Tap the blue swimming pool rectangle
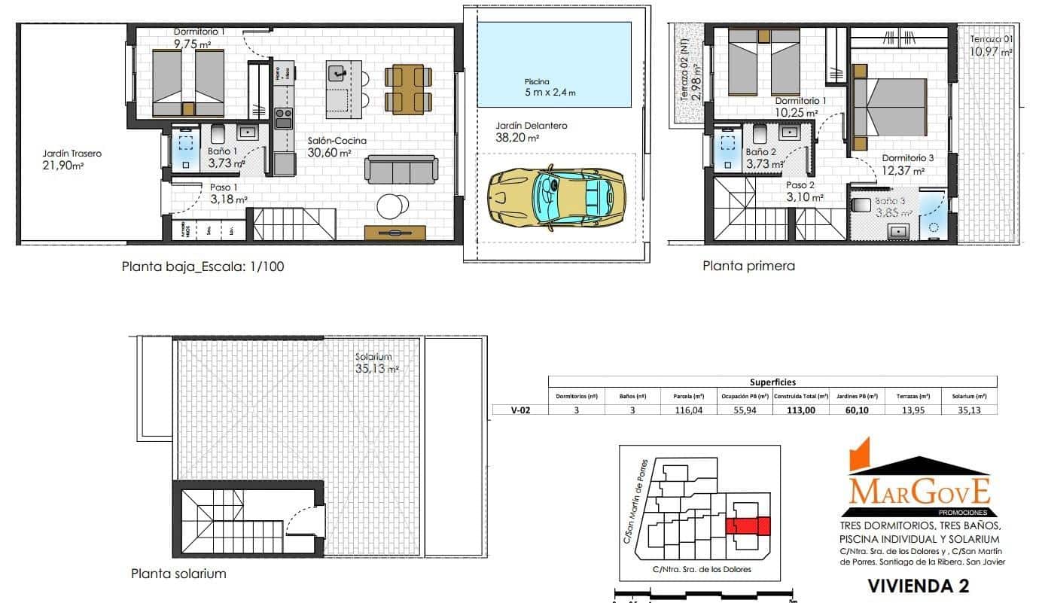pyautogui.click(x=554, y=65)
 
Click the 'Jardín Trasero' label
pyautogui.click(x=72, y=154)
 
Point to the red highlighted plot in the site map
pyautogui.click(x=748, y=525)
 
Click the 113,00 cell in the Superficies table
pyautogui.click(x=800, y=410)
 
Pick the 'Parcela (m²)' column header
pyautogui.click(x=688, y=395)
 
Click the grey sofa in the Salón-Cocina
pyautogui.click(x=402, y=170)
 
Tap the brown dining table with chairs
pyautogui.click(x=408, y=89)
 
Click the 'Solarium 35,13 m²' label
pyautogui.click(x=376, y=363)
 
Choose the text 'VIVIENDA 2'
pyautogui.click(x=918, y=585)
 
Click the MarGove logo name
pyautogui.click(x=919, y=490)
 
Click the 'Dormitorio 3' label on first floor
pyautogui.click(x=908, y=159)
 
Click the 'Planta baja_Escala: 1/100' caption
pyautogui.click(x=203, y=266)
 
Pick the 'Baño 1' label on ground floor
pyautogui.click(x=223, y=151)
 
